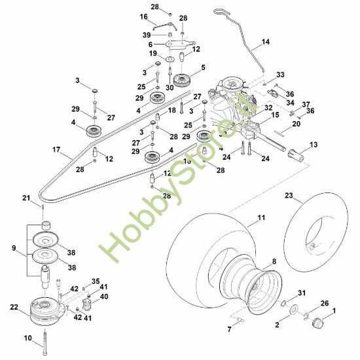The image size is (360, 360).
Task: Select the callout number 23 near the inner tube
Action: point(289,195)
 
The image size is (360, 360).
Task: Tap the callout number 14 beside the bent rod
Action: point(265,42)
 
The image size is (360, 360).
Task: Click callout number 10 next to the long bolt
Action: point(27,338)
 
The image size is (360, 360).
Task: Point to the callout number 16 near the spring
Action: point(144,16)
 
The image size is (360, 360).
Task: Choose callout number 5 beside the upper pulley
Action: point(204,67)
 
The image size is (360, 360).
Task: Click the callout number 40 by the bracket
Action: point(104,297)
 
